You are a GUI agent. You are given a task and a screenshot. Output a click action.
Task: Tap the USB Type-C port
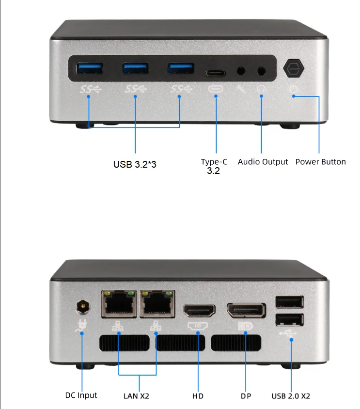click(215, 73)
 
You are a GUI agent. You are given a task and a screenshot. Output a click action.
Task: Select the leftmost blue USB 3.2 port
click(89, 68)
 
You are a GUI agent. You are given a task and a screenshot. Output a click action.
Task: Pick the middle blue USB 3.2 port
click(135, 68)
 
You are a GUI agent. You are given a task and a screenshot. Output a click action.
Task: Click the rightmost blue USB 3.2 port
click(180, 68)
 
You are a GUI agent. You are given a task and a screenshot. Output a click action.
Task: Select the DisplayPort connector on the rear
click(246, 310)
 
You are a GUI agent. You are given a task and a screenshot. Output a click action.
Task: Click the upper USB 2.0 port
click(289, 302)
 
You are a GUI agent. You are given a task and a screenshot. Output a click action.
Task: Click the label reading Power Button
click(320, 162)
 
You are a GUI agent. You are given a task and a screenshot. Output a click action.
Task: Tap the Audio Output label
click(263, 162)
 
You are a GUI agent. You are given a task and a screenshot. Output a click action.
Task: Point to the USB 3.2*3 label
click(135, 164)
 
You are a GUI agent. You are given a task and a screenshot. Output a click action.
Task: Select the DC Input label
click(81, 395)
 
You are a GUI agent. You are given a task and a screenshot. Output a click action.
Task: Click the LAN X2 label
click(136, 396)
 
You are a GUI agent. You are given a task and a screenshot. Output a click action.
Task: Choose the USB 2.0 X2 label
click(291, 396)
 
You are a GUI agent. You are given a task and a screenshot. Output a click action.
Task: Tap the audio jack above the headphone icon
click(262, 71)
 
